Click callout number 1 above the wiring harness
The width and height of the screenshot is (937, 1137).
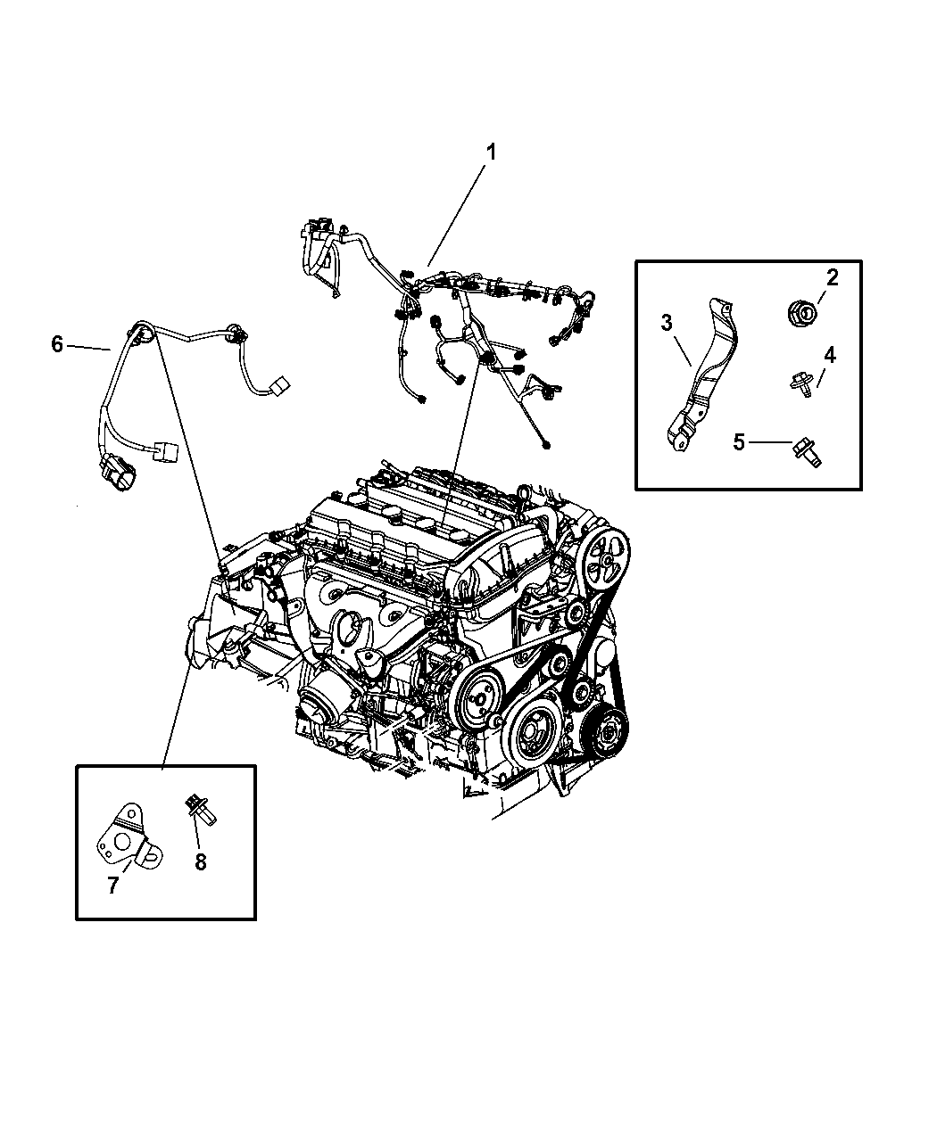coord(491,153)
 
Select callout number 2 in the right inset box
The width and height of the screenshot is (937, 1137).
coord(832,277)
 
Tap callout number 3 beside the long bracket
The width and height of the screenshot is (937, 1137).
coord(666,323)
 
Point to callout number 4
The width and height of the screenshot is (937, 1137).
coord(829,355)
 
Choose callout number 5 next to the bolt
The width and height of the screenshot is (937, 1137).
coord(739,442)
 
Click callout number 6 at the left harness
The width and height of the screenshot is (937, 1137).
coord(57,344)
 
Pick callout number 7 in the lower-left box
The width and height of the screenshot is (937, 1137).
coord(112,886)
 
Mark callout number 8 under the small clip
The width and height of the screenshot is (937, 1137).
coord(201,862)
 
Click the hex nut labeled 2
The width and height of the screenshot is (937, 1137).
coord(803,315)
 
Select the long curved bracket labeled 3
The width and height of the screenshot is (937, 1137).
coord(703,375)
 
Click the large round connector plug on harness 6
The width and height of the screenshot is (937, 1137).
coord(116,474)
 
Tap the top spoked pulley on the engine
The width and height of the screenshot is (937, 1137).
coord(604,559)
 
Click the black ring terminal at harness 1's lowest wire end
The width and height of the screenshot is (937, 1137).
coord(546,446)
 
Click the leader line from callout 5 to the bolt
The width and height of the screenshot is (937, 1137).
coord(770,442)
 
